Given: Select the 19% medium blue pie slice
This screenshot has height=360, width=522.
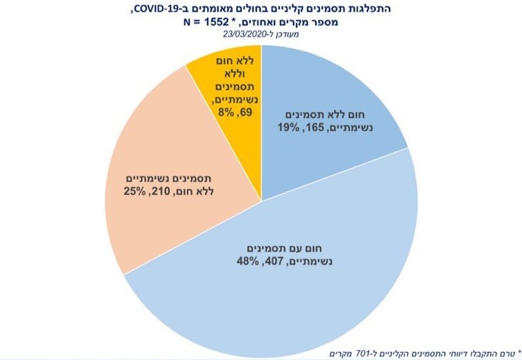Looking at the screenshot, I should pyautogui.click(x=333, y=92).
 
